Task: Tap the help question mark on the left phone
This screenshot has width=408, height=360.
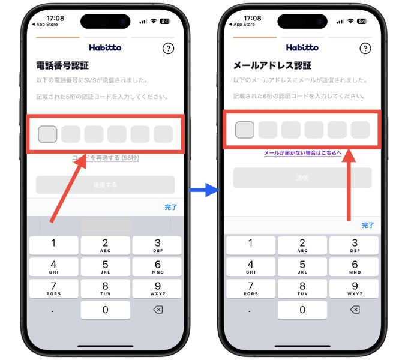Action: (x=169, y=49)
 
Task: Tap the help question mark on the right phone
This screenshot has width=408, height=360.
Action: (x=365, y=49)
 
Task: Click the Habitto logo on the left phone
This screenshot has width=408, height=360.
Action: (x=105, y=47)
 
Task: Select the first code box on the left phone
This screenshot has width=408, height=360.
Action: (x=47, y=134)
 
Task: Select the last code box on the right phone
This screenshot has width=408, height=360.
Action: (x=360, y=129)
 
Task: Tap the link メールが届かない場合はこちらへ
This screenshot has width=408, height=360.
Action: (x=302, y=154)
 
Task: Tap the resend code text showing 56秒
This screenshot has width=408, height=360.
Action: (x=106, y=158)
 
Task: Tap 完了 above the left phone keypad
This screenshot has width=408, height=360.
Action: (x=171, y=207)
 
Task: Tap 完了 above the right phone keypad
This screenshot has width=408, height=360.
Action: (x=368, y=225)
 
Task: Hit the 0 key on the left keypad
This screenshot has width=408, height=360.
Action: (x=105, y=310)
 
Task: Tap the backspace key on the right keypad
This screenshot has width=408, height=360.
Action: (x=355, y=310)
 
